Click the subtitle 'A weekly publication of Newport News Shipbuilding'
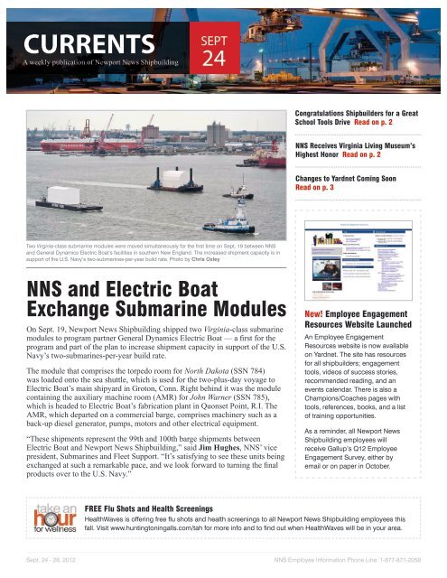pos(95,62)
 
